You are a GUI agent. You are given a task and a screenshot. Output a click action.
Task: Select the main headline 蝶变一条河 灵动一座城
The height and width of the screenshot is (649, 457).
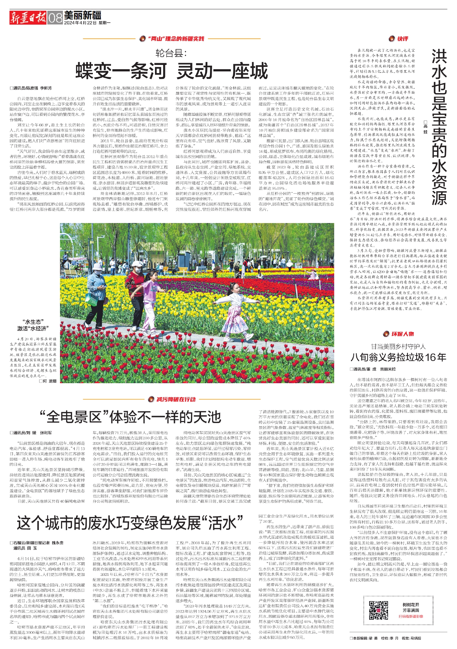171,71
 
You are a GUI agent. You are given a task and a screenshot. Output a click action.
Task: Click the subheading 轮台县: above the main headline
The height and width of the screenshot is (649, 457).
171,53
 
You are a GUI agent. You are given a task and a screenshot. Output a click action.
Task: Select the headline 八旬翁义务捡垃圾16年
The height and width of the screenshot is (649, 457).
398,357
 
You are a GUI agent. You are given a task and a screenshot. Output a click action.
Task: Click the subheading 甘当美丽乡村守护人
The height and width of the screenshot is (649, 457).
398,346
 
